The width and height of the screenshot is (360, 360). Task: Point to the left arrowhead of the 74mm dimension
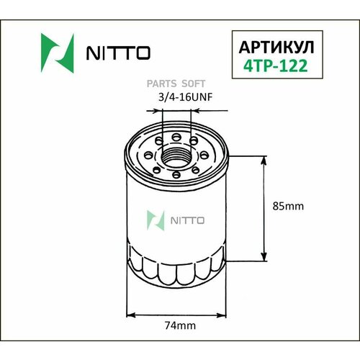(130, 314)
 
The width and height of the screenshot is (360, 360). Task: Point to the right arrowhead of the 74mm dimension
(224, 314)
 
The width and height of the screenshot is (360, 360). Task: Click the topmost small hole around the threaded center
(177, 135)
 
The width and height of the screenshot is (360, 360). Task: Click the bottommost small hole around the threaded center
(177, 174)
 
